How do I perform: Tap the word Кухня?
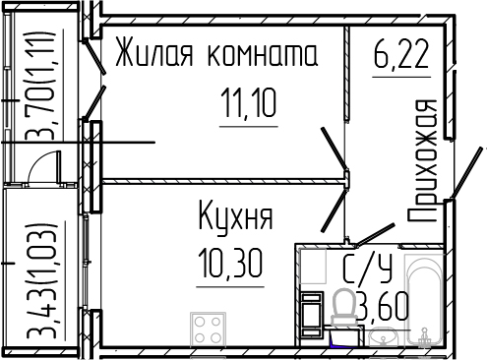tap(235, 216)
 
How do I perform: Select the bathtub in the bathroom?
tap(428, 300)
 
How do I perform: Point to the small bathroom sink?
tap(383, 337)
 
